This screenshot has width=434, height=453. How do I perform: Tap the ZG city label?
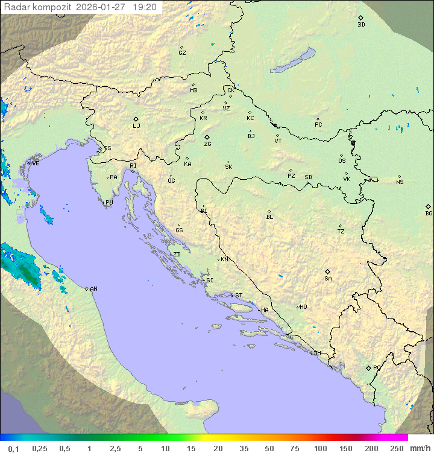click(207, 144)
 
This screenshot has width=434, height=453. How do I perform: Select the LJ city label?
click(136, 126)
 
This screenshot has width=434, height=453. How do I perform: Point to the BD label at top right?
click(361, 25)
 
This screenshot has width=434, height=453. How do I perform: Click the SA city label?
click(328, 279)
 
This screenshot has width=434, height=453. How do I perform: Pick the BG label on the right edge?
click(429, 213)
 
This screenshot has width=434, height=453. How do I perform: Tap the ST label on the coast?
click(239, 296)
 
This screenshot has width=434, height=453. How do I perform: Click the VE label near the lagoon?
click(36, 163)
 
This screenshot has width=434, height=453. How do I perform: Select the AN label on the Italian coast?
click(93, 289)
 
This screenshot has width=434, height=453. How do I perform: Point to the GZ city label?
click(182, 53)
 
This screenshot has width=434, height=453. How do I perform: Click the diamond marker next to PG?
click(368, 367)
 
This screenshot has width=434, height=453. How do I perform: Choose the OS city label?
click(342, 161)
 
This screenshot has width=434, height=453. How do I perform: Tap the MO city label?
click(303, 307)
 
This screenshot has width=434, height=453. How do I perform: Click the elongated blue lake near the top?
click(293, 61)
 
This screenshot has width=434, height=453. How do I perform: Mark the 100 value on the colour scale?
click(320, 448)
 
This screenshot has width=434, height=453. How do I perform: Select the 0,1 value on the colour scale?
click(13, 448)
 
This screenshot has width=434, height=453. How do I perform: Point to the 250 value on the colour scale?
click(397, 448)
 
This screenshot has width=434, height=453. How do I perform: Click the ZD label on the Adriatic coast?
click(177, 255)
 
